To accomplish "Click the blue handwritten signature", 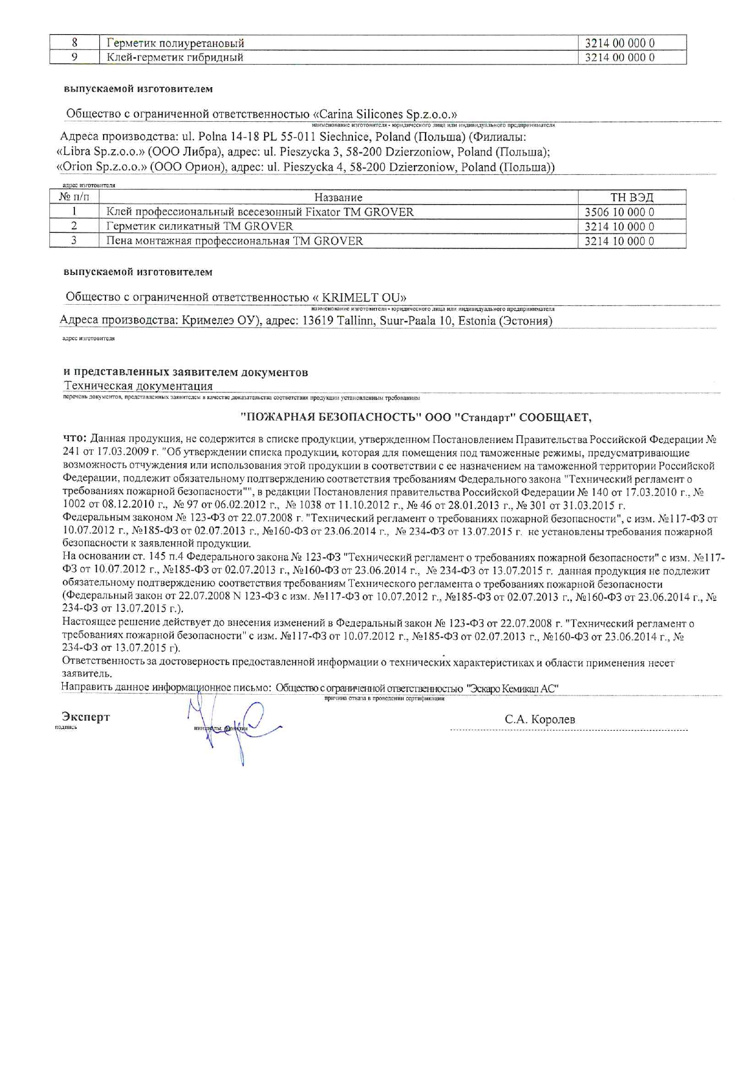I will (x=238, y=728).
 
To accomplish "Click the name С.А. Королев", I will (x=540, y=720).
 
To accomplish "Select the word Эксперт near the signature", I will (x=86, y=717).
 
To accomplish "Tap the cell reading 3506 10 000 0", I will (x=619, y=212).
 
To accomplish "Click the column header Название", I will (x=338, y=197).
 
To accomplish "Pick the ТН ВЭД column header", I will (x=632, y=197).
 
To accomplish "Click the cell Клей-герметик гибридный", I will (x=175, y=57).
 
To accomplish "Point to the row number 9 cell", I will (x=74, y=57).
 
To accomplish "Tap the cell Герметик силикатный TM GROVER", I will (x=199, y=226).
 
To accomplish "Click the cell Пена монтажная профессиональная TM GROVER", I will (x=235, y=241).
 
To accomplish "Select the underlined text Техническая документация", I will (x=138, y=386).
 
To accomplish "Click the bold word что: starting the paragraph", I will (x=75, y=439).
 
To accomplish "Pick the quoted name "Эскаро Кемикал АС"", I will (x=512, y=688).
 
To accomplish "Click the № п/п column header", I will (x=74, y=197).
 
